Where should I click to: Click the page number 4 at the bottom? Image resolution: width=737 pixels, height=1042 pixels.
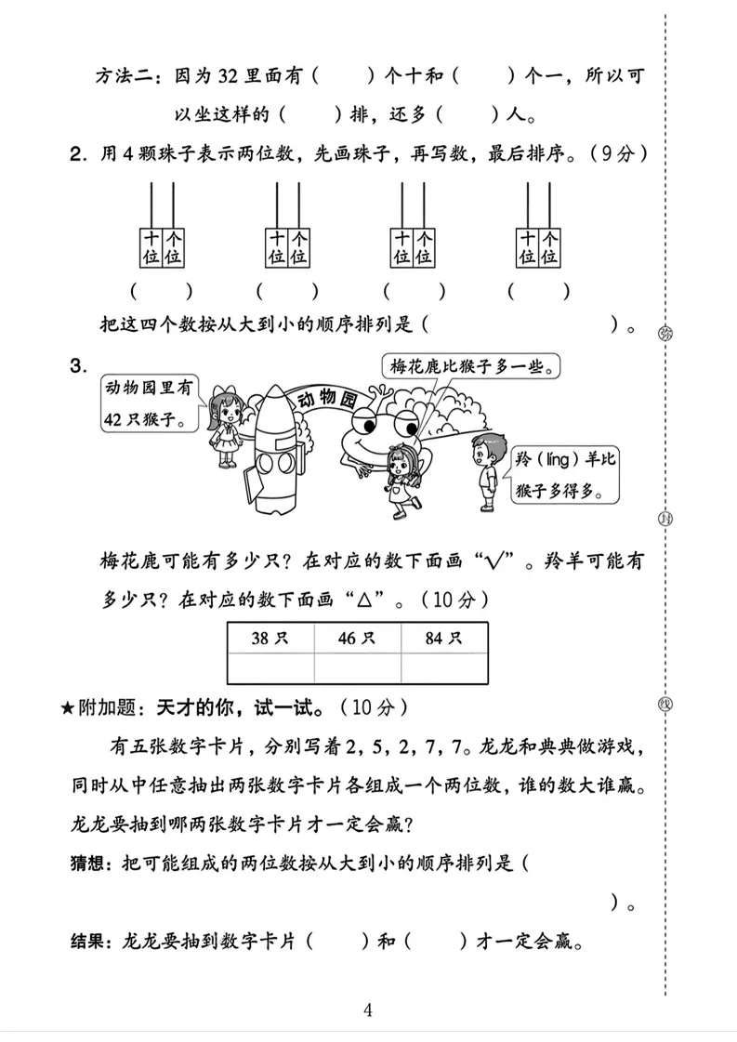pos(369,1010)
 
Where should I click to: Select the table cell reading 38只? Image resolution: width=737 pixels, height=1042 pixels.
pos(270,639)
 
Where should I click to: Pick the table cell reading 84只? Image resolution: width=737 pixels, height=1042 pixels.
pos(444,639)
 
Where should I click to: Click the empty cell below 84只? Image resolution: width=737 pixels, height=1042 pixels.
pos(444,667)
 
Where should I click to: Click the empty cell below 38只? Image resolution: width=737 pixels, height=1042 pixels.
pos(270,667)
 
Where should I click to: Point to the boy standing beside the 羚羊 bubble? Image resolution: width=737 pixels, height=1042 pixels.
pos(482,468)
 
